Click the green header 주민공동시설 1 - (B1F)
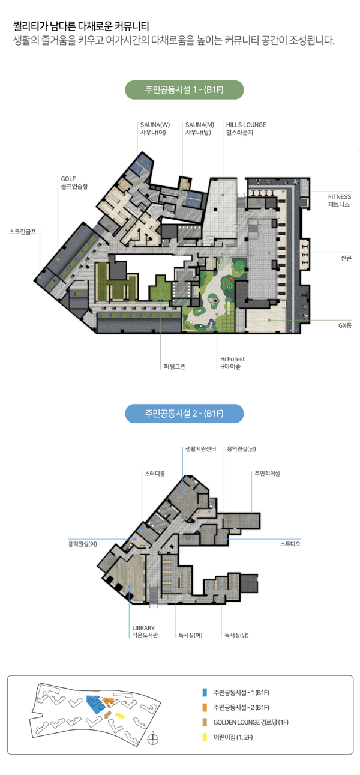coord(184,90)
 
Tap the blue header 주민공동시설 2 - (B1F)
coord(184,414)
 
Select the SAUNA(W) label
coord(155,124)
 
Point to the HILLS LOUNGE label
coord(246,124)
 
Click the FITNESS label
coord(339,196)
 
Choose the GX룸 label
coord(345,325)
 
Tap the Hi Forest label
coord(232,359)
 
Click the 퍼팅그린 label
coord(175,366)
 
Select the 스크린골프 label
coord(23,232)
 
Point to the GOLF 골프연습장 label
coord(74,182)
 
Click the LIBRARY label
coord(143,627)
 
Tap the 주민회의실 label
coord(267,474)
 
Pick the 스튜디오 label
coord(290,544)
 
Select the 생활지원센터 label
coord(201,449)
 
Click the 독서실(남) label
coord(236,635)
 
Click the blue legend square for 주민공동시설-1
coord(205,692)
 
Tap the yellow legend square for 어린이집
coord(205,737)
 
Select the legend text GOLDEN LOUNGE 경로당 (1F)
coord(251,722)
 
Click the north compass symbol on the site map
coord(152,738)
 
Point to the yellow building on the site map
coord(119,715)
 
